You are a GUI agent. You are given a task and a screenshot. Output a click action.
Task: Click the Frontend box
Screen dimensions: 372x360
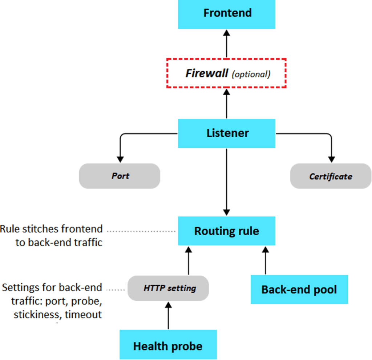coord(227,14)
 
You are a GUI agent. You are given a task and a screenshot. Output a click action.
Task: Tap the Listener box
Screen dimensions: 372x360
coord(227,133)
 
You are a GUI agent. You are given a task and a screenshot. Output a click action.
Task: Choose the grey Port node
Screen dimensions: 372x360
coord(120,176)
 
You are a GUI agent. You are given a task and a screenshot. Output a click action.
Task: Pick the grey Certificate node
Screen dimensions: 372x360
coord(331,176)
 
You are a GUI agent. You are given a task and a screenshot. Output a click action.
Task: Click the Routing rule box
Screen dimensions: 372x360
coord(227,231)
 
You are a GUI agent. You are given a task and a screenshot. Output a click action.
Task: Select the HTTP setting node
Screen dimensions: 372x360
coord(168,288)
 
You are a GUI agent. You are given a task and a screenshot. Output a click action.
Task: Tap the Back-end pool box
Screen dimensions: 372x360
coord(299,289)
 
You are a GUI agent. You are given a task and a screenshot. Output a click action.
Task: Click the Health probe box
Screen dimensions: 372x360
coord(168,344)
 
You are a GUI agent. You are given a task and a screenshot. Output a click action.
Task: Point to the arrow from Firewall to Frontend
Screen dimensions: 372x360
coord(227,44)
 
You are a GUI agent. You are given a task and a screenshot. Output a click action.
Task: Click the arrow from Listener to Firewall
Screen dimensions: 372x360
coord(227,104)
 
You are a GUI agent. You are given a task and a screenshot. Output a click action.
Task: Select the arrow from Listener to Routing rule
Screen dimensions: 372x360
coord(227,182)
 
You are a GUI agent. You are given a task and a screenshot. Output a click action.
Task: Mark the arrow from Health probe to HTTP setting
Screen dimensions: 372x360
coord(168,316)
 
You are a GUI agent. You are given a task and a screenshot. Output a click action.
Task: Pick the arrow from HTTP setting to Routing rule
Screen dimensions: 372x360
coord(189,260)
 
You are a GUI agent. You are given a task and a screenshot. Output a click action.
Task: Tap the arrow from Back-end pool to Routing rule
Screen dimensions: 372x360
coord(266,260)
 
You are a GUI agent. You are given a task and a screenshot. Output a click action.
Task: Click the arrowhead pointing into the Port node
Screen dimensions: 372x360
coord(120,159)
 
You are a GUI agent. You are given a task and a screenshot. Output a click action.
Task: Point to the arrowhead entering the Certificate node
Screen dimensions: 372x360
coord(331,159)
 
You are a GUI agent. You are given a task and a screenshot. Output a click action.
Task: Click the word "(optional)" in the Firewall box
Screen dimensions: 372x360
coord(251,74)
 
